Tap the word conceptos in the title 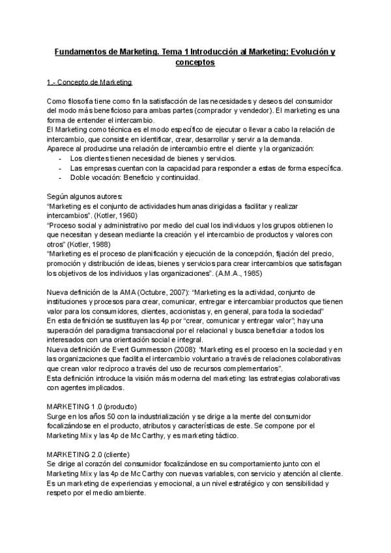[195, 63]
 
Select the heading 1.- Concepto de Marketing [90, 83]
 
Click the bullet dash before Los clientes [61, 158]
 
